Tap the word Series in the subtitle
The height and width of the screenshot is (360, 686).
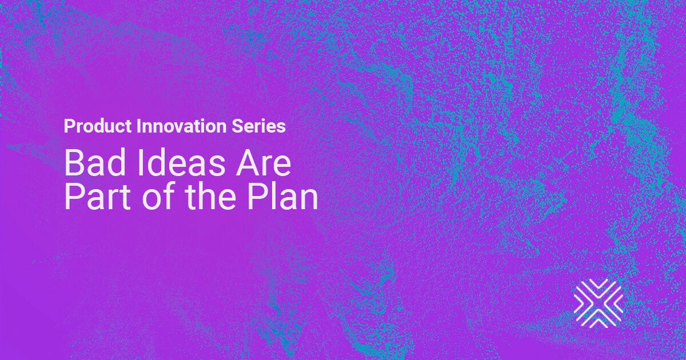[258, 126]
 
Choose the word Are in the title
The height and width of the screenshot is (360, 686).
[263, 163]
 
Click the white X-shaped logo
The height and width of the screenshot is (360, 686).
[599, 303]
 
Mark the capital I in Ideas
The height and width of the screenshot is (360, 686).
[140, 163]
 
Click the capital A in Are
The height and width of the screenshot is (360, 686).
[247, 163]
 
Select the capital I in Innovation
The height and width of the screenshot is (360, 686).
[138, 126]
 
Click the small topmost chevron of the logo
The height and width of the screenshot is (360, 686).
[599, 283]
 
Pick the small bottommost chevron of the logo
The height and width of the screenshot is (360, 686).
[599, 323]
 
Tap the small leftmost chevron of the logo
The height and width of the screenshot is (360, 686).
[578, 303]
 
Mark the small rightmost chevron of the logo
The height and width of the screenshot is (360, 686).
[619, 303]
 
